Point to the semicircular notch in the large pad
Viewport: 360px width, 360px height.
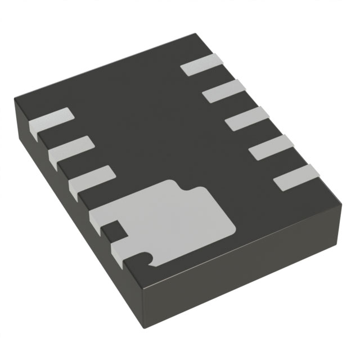click(x=147, y=258)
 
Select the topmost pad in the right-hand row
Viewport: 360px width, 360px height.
click(x=200, y=65)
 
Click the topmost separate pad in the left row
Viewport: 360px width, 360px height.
click(x=51, y=121)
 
